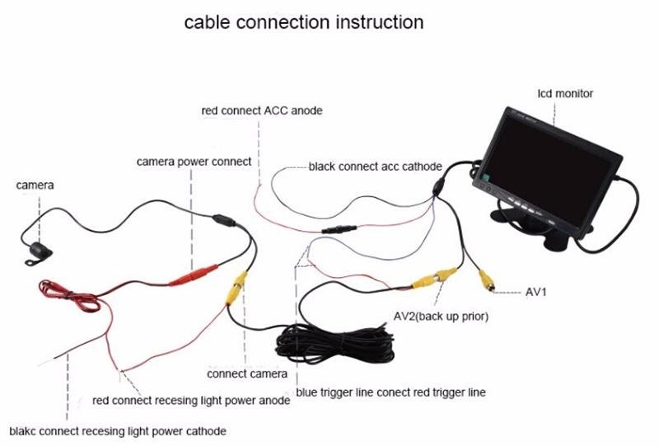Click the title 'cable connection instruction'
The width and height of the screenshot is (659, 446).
[303, 21]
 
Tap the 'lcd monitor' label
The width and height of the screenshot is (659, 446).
[565, 94]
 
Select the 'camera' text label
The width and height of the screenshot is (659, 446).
[35, 185]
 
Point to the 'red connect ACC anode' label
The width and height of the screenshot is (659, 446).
[262, 110]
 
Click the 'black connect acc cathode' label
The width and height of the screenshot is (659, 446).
[375, 166]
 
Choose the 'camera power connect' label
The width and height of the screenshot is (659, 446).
[194, 162]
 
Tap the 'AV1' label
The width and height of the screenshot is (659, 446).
[536, 292]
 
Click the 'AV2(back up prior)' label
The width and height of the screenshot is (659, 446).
[441, 317]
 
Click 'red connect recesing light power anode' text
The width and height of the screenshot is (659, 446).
[191, 401]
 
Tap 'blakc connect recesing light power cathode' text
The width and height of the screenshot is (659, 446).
[117, 430]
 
